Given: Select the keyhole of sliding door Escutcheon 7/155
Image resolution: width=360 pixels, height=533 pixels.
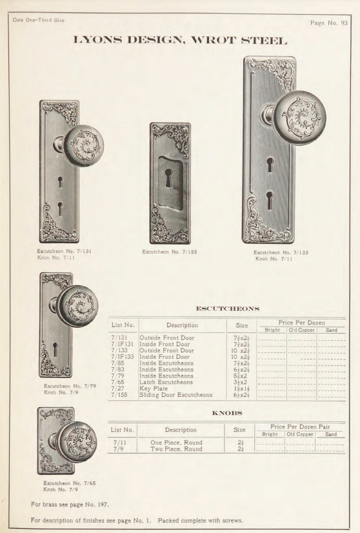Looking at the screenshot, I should point(169,178).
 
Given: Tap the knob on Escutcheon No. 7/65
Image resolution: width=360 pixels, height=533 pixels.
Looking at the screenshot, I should point(76,441).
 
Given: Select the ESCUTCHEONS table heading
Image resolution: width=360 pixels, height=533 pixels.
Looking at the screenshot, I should point(226,309).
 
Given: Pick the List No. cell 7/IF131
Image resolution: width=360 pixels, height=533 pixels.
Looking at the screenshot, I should point(121,345).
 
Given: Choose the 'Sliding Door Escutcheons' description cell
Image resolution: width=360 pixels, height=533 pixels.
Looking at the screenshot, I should point(175,395).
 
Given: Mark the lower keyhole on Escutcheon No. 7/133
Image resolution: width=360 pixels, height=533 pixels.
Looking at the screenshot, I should point(270,201).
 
